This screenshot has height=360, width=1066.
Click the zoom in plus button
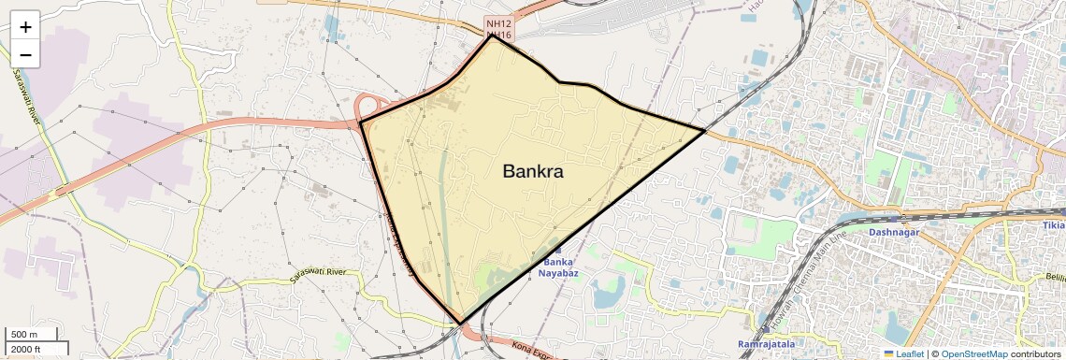point(25,27)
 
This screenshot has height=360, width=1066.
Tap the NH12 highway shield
point(497,22)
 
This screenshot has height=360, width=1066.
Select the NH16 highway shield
point(497,35)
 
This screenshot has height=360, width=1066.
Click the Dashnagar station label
point(894,232)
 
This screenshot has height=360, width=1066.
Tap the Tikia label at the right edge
point(1053,225)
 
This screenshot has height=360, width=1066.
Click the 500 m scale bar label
point(24,335)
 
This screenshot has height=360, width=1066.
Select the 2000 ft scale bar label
point(27,349)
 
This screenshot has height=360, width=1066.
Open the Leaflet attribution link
point(905,354)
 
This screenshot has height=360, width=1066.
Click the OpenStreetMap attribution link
point(973,354)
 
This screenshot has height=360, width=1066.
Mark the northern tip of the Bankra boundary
point(492,36)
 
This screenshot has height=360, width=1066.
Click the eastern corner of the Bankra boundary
point(704,130)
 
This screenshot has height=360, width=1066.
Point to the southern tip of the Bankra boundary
point(461,324)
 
